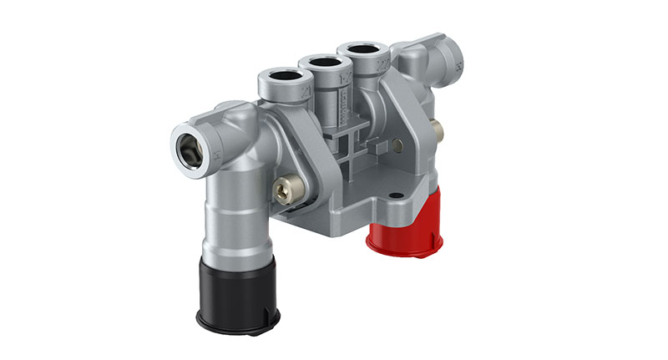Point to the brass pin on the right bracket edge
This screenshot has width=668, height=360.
click(437, 128)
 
